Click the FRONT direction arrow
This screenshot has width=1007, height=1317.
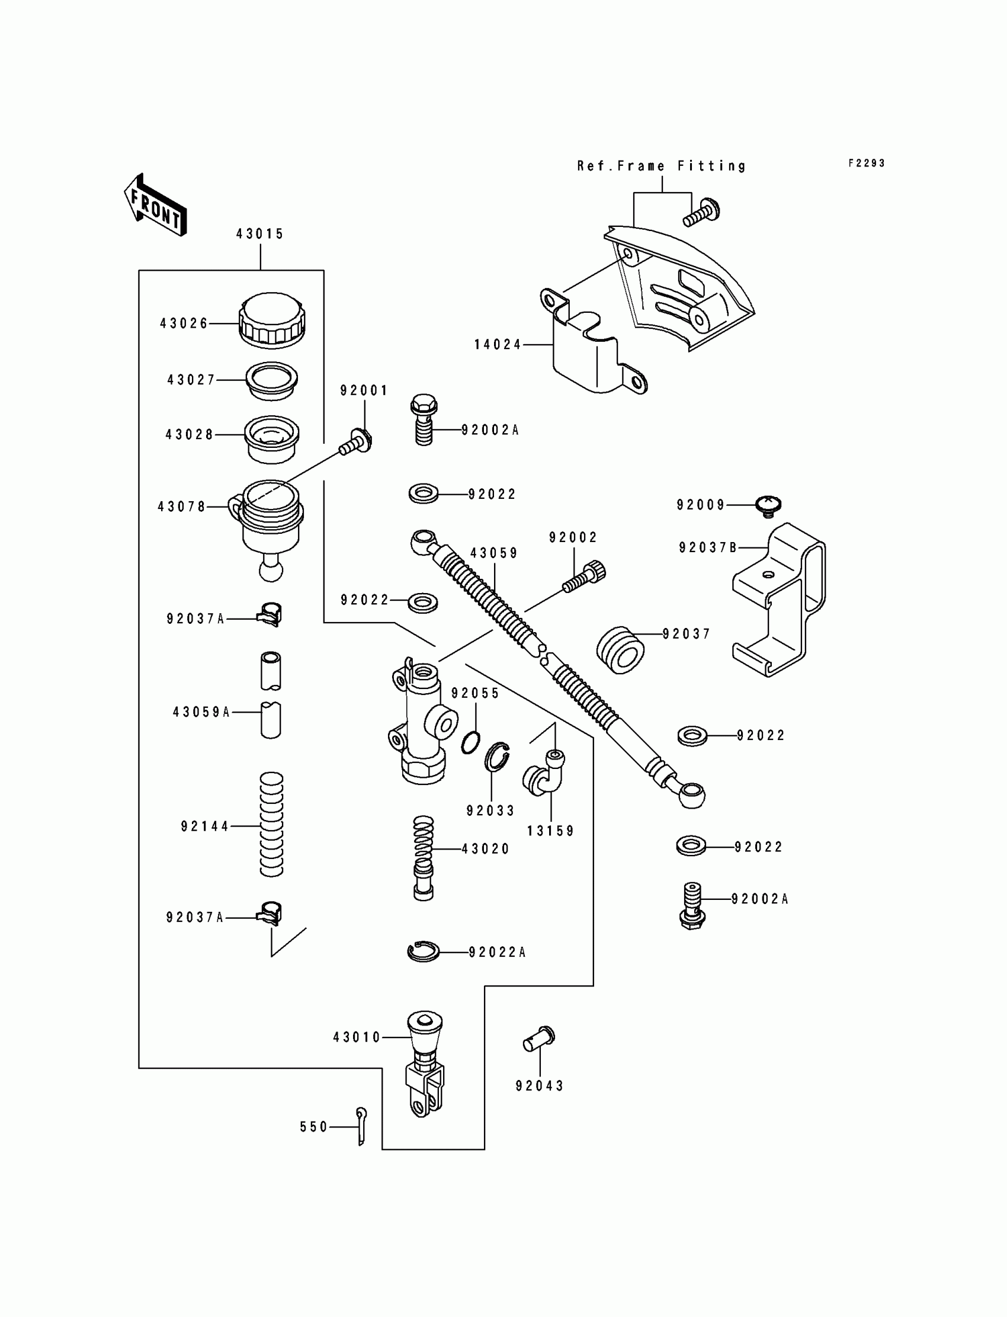click(x=155, y=205)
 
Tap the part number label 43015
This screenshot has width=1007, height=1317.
click(x=259, y=234)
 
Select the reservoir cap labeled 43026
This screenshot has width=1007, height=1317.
click(x=272, y=320)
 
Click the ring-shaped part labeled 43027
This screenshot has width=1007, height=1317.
click(x=272, y=381)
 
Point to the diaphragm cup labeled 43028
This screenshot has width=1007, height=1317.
click(x=271, y=439)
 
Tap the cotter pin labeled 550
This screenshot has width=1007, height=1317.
click(x=361, y=1126)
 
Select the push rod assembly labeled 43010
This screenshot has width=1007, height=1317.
click(x=424, y=1065)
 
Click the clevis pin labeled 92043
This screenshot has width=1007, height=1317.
click(x=539, y=1039)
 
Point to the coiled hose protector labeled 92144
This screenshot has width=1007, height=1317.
click(x=271, y=825)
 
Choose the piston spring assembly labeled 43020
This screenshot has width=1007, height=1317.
click(x=423, y=858)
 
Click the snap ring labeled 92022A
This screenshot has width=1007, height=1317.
click(x=423, y=951)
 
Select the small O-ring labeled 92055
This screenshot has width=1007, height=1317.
click(x=470, y=743)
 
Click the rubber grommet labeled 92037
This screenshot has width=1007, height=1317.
click(x=620, y=650)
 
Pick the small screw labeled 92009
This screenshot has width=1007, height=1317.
click(x=769, y=507)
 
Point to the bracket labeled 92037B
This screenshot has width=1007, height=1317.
click(x=778, y=600)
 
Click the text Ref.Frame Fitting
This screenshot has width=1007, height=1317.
click(x=662, y=166)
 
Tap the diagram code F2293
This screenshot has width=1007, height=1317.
click(x=867, y=163)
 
